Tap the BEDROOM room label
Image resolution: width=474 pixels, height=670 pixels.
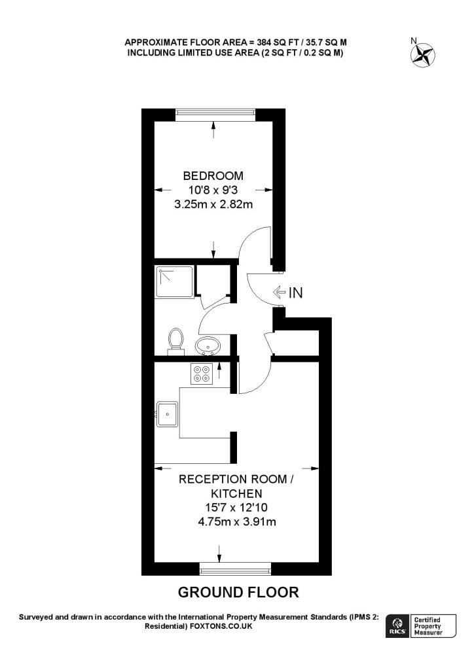click(x=213, y=176)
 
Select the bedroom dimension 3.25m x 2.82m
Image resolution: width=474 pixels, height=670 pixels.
click(x=213, y=205)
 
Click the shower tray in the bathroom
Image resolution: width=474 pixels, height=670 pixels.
click(x=175, y=282)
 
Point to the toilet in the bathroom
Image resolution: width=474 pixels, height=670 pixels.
click(x=175, y=340)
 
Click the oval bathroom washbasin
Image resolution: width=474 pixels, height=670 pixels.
click(x=209, y=345)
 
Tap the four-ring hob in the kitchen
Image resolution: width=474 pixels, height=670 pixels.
click(x=200, y=373)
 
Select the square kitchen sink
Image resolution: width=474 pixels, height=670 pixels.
click(x=168, y=414)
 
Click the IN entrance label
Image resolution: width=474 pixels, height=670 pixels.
click(x=296, y=292)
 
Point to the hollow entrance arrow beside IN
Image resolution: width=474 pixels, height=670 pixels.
click(x=278, y=292)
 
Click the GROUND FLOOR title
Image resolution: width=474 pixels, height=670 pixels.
click(x=238, y=593)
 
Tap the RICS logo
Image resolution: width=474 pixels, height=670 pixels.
click(x=397, y=626)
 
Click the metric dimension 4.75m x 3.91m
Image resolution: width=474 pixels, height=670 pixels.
click(x=233, y=522)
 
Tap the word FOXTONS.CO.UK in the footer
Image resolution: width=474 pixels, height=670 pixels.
click(x=221, y=626)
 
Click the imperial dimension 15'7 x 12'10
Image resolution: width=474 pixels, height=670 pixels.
click(x=233, y=508)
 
